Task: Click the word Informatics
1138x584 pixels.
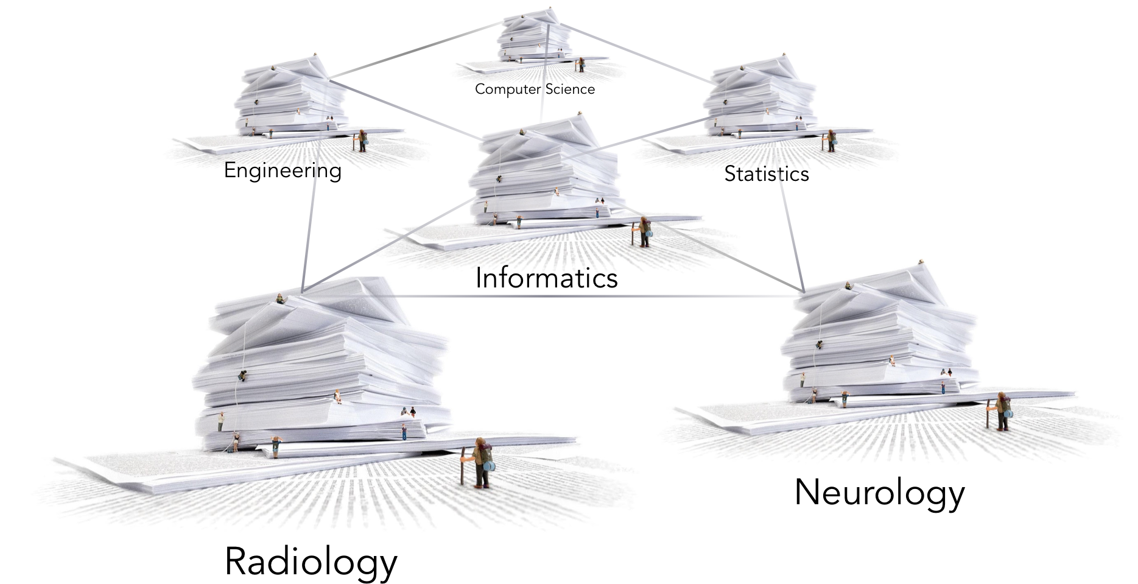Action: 546,278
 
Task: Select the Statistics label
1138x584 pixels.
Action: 767,174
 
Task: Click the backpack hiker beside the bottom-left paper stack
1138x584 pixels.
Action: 482,463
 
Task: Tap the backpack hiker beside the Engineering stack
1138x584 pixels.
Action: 362,140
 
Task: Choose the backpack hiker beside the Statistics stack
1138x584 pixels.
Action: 829,140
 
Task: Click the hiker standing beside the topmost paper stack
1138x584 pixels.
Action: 581,65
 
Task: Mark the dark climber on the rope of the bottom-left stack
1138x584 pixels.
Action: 243,376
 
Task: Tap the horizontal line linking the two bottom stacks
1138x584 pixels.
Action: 548,297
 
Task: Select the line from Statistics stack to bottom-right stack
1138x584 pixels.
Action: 792,231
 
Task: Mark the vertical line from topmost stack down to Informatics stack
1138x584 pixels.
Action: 545,73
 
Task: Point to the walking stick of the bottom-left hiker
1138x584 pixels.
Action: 463,466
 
